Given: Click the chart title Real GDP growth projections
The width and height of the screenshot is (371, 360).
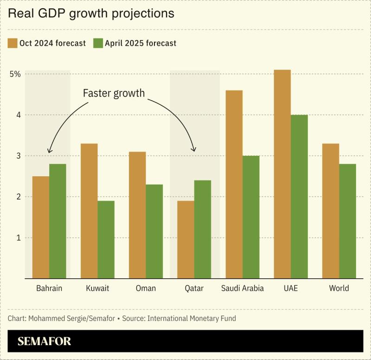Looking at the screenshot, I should pyautogui.click(x=91, y=13).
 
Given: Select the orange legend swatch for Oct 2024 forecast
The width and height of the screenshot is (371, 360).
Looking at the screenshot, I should pyautogui.click(x=13, y=43).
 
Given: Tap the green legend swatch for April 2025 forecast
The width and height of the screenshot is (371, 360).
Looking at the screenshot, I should pyautogui.click(x=98, y=43).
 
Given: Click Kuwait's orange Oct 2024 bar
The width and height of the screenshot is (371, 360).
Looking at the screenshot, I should pyautogui.click(x=89, y=211).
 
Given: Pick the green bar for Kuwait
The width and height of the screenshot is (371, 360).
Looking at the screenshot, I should pyautogui.click(x=106, y=239).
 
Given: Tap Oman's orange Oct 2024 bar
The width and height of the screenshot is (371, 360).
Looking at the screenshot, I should pyautogui.click(x=137, y=215).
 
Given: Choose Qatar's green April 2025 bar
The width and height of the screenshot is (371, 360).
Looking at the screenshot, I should pyautogui.click(x=202, y=229).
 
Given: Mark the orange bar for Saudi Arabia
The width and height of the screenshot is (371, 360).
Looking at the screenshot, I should pyautogui.click(x=234, y=185).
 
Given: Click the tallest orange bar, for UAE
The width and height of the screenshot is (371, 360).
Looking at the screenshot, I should pyautogui.click(x=282, y=174).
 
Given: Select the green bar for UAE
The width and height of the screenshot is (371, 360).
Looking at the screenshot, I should pyautogui.click(x=299, y=197).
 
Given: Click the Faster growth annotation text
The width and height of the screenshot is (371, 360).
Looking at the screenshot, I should pyautogui.click(x=114, y=93).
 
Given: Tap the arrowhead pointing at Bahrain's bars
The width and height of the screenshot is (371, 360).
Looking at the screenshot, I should pyautogui.click(x=49, y=151).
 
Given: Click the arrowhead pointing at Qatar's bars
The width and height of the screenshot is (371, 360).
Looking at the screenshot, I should pyautogui.click(x=194, y=150).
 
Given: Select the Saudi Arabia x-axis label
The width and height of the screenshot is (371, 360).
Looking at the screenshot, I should pyautogui.click(x=242, y=289).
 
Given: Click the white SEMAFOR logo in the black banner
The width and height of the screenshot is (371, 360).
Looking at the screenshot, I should pyautogui.click(x=44, y=341).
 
